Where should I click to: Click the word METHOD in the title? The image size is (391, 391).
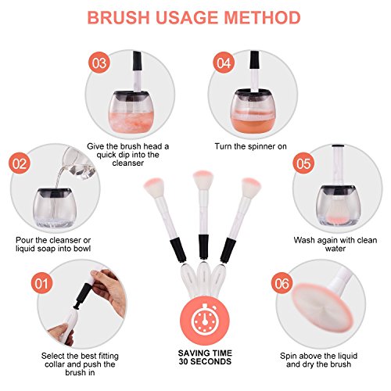(x=262, y=17)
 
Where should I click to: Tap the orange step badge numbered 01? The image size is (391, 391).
(x=41, y=283)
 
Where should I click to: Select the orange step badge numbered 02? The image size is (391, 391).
(x=20, y=164)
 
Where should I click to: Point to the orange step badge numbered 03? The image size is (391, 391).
(x=99, y=63)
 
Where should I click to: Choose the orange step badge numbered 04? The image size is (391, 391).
(x=224, y=63)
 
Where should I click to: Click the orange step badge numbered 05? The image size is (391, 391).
(x=303, y=164)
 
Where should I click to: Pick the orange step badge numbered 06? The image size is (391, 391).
(x=282, y=283)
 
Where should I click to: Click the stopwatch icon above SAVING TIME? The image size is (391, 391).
(x=205, y=319)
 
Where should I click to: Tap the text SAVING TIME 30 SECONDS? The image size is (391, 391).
(x=205, y=357)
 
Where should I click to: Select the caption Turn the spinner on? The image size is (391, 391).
(x=250, y=146)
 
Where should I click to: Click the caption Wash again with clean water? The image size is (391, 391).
(x=335, y=244)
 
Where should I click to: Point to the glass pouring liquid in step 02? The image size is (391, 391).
(x=78, y=163)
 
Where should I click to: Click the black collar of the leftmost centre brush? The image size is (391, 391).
(x=178, y=250)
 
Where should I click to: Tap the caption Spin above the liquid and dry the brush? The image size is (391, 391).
(x=318, y=360)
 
